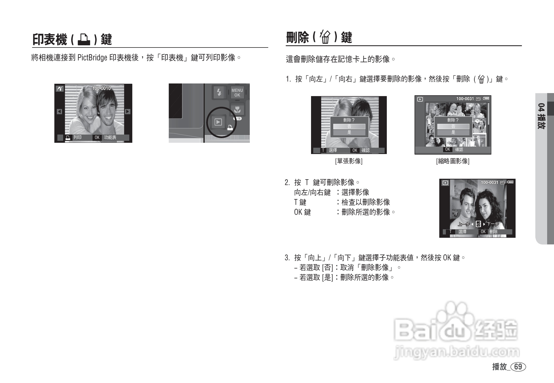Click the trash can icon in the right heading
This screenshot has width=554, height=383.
325,37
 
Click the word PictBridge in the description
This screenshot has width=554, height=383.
92,58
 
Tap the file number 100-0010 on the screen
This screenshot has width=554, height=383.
101,88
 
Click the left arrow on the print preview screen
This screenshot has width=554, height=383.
59,111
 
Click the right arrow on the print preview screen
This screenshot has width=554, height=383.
127,111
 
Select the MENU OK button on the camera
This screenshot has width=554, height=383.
237,93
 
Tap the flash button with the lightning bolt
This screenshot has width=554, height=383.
219,93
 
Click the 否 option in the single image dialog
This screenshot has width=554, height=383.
349,127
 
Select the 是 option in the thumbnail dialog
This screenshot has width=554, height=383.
453,132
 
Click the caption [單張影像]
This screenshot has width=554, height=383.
349,161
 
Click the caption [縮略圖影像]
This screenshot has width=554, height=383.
453,161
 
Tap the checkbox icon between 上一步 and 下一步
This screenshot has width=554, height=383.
478,224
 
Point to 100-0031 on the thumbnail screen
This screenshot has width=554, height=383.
465,99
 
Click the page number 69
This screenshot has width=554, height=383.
518,367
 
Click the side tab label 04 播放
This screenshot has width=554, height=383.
541,116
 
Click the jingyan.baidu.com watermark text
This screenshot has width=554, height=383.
457,353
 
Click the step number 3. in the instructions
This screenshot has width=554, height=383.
287,258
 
